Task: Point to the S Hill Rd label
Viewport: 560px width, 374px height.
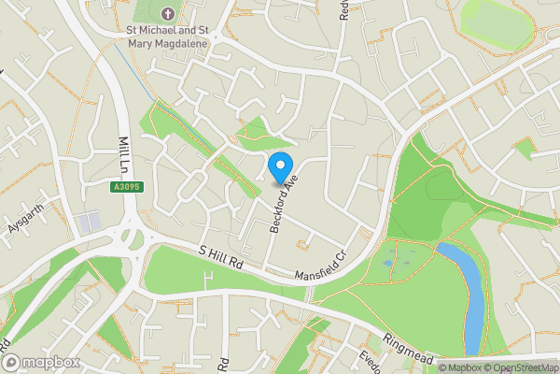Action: pos(220,259)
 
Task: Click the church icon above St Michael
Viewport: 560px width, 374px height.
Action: pos(168,14)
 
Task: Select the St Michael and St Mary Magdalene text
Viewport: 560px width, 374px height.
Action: pos(168,36)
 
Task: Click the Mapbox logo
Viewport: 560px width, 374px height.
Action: pos(39,362)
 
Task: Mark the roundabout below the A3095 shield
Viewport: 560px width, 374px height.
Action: pos(129,235)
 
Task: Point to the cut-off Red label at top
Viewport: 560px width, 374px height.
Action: pos(343,9)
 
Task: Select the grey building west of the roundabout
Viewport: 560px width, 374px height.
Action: pos(88,223)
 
